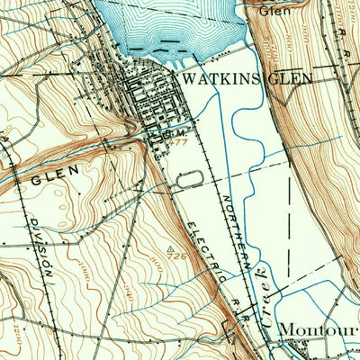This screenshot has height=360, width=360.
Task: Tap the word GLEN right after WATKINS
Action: (289, 78)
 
